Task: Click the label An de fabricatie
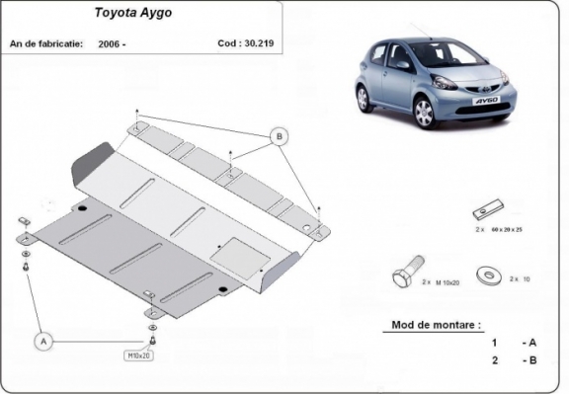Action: click(45, 43)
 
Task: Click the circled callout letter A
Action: click(42, 341)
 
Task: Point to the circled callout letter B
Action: click(280, 135)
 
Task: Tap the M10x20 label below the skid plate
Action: click(139, 355)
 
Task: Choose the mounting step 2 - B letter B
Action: click(532, 360)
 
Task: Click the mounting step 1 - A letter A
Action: click(532, 342)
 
